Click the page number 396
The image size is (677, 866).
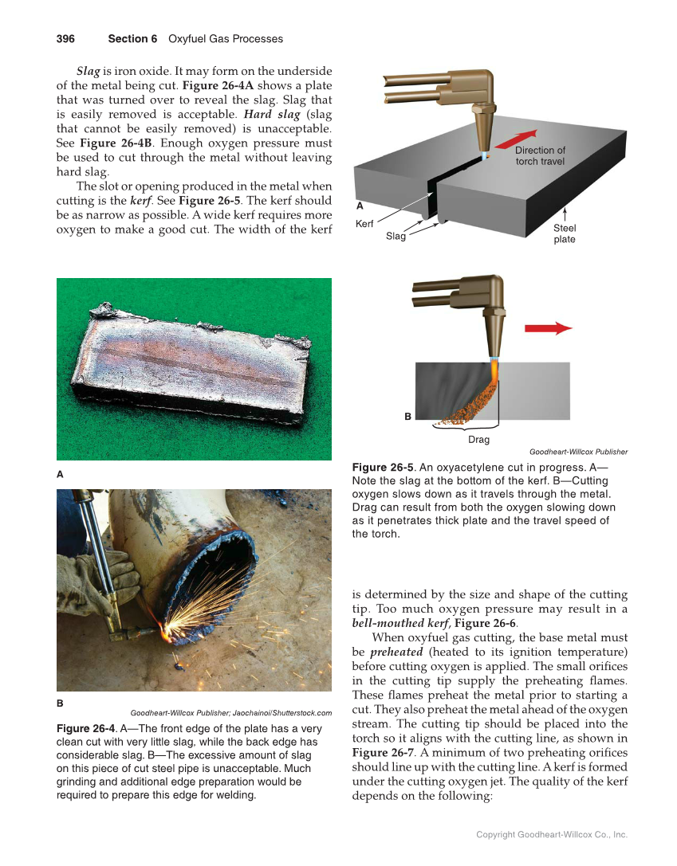65,38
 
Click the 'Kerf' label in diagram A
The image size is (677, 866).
364,225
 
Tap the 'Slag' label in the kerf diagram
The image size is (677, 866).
396,236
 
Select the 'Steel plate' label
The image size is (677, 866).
565,233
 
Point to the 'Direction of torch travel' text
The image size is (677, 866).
540,155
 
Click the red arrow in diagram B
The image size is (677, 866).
548,328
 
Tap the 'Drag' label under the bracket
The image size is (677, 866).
478,439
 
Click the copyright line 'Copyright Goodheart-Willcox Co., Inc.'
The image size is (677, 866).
552,835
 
